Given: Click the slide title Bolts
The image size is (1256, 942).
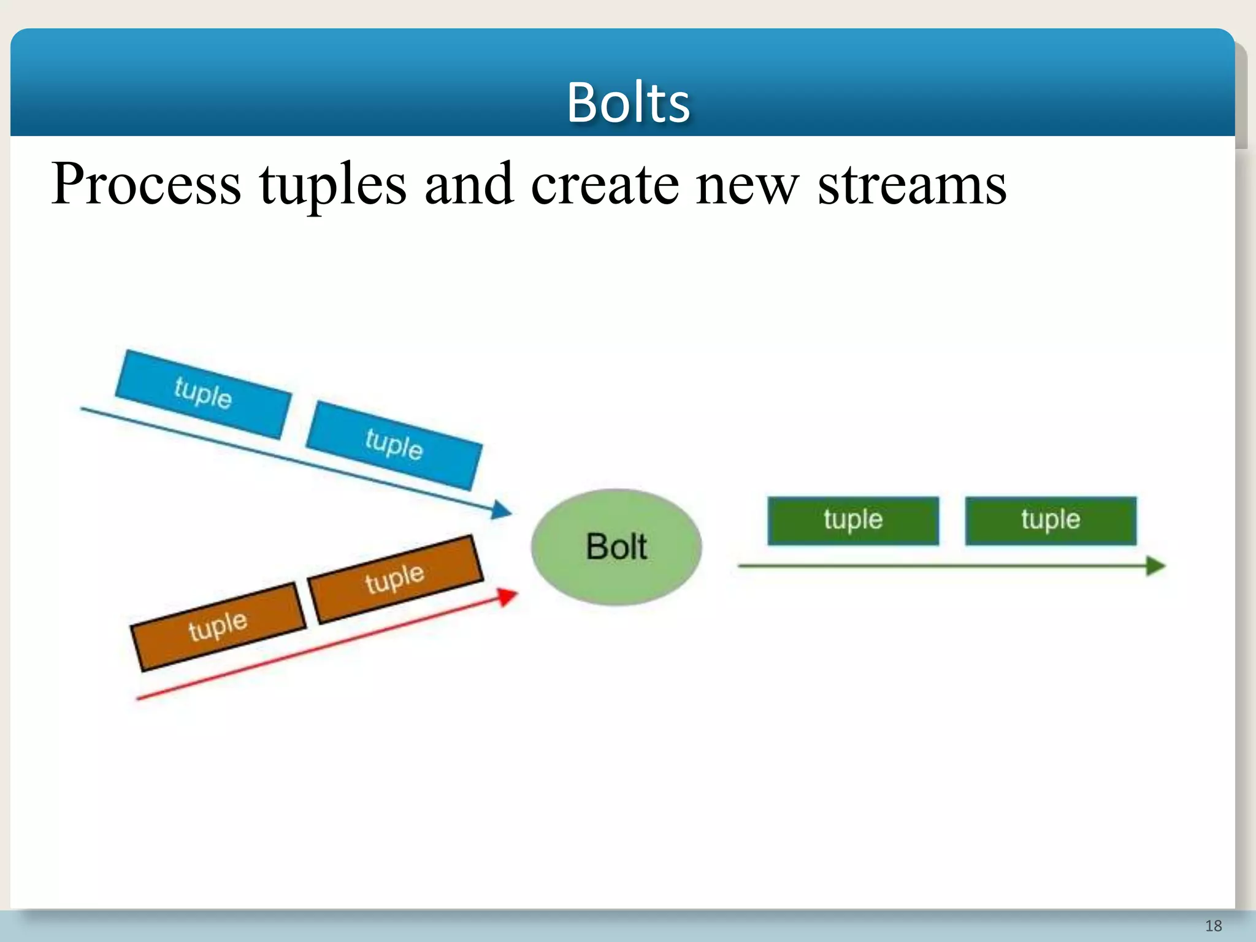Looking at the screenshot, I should [x=628, y=102].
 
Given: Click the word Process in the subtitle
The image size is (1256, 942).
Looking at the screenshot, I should [x=146, y=184].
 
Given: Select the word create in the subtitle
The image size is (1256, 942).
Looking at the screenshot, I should [x=604, y=184].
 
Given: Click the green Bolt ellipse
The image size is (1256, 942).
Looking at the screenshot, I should [x=616, y=546].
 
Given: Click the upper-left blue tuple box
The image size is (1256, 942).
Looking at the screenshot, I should [x=203, y=394].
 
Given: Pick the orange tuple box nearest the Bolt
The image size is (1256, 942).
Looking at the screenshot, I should [x=395, y=578].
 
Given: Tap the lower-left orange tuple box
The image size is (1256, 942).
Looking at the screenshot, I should [x=218, y=626].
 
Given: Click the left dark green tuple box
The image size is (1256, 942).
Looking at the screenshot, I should [x=852, y=520].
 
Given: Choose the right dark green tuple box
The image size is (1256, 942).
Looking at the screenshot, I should [x=1050, y=520].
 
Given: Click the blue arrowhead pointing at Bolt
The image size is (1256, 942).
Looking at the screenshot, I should [x=502, y=509].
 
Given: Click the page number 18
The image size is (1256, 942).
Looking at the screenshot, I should [x=1213, y=925].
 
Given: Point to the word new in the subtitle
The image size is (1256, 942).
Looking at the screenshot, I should [x=747, y=184].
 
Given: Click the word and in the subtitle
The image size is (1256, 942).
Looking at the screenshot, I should [x=469, y=184].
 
